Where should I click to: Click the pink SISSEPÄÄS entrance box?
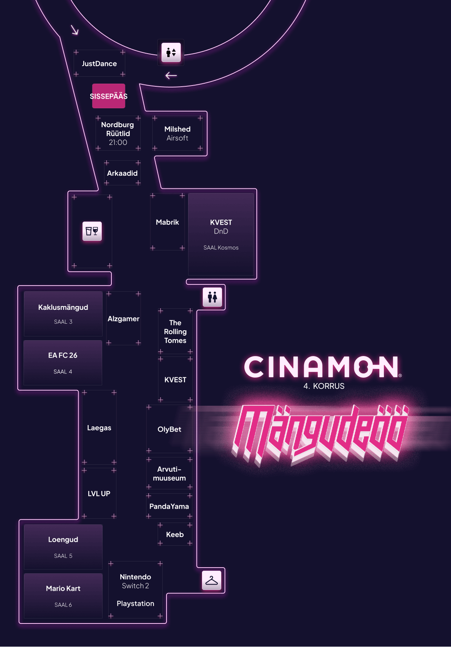[109, 96]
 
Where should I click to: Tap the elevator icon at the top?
[171, 52]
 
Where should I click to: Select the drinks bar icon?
[92, 231]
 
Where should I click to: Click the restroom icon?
[212, 297]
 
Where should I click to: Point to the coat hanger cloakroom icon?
[212, 580]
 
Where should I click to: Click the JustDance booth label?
[99, 64]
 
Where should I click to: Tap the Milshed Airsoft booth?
[177, 133]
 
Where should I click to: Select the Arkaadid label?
[122, 173]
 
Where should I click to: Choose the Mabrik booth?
[167, 222]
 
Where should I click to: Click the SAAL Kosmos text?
[221, 248]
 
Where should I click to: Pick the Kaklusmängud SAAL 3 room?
[63, 314]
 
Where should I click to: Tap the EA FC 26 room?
[63, 362]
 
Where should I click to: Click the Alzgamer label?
[123, 319]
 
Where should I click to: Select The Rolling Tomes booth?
[175, 331]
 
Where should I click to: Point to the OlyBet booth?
[169, 429]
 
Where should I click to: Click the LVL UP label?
[99, 494]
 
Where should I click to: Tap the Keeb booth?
[175, 534]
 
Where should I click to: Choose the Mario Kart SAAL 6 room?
[63, 595]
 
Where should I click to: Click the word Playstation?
[135, 603]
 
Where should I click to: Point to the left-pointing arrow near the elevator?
[171, 76]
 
